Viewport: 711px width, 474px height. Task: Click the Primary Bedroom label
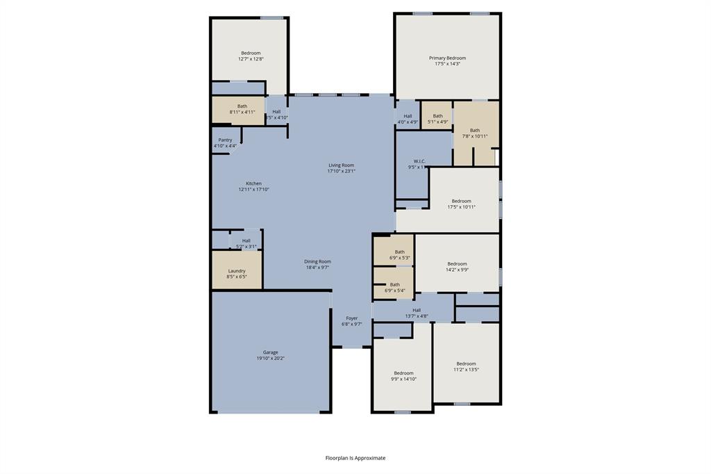tap(446, 58)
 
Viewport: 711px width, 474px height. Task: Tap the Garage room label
tap(270, 352)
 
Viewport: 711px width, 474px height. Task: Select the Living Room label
tap(341, 165)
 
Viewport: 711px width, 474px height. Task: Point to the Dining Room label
tap(317, 261)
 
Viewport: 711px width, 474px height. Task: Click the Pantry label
tap(225, 140)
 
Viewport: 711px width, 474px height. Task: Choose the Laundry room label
tap(237, 271)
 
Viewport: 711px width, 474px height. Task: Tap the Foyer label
tap(352, 318)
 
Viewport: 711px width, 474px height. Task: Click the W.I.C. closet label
tap(419, 161)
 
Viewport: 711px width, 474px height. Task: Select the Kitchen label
tap(253, 183)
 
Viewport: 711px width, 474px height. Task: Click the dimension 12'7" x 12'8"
tap(251, 59)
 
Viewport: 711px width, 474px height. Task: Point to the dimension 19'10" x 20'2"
tap(270, 359)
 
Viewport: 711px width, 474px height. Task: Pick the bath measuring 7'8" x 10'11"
tap(474, 133)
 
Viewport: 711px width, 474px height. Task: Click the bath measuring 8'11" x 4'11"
tap(242, 109)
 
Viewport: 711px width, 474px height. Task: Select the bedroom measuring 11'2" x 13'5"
tap(466, 366)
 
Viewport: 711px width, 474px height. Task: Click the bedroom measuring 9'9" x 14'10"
tap(403, 376)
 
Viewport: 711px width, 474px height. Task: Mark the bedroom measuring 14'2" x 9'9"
tap(457, 266)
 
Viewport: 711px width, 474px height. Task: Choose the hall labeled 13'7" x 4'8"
tap(417, 313)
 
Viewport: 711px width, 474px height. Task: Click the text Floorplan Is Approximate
tap(355, 458)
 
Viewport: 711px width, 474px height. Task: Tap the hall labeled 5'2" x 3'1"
tap(246, 243)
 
